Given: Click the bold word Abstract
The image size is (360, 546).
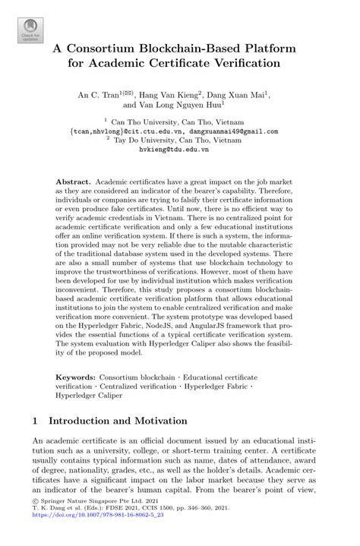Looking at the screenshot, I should click(73, 183).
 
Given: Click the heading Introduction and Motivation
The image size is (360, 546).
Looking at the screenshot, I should click(117, 420).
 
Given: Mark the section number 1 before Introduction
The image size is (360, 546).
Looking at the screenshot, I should click(36, 420).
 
